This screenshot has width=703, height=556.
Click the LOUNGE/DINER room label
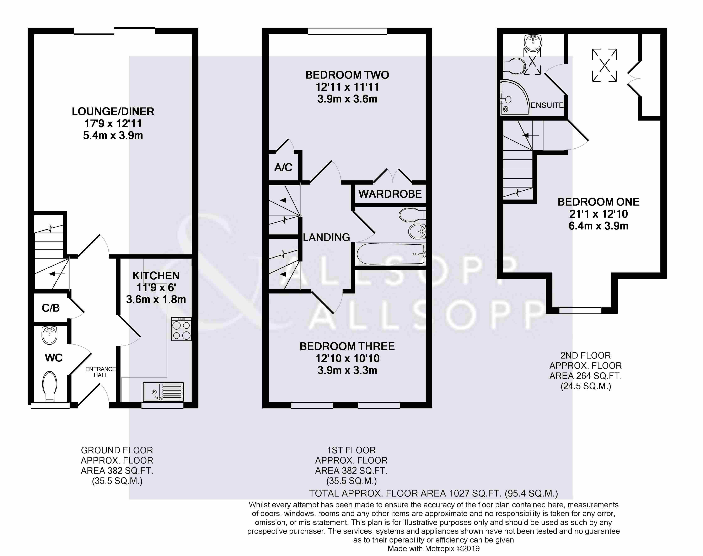113,112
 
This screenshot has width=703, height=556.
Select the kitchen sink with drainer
163,392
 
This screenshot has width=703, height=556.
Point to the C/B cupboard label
51,308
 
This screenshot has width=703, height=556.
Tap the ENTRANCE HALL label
101,372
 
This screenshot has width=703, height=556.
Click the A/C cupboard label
283,168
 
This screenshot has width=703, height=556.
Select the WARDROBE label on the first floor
390,194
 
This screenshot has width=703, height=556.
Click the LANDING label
326,237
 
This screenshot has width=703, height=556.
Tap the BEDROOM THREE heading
347,346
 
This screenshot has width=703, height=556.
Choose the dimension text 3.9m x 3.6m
347,99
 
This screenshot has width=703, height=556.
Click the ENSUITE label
547,105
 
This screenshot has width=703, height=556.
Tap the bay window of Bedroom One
580,311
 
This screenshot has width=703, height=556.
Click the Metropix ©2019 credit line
434,549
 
